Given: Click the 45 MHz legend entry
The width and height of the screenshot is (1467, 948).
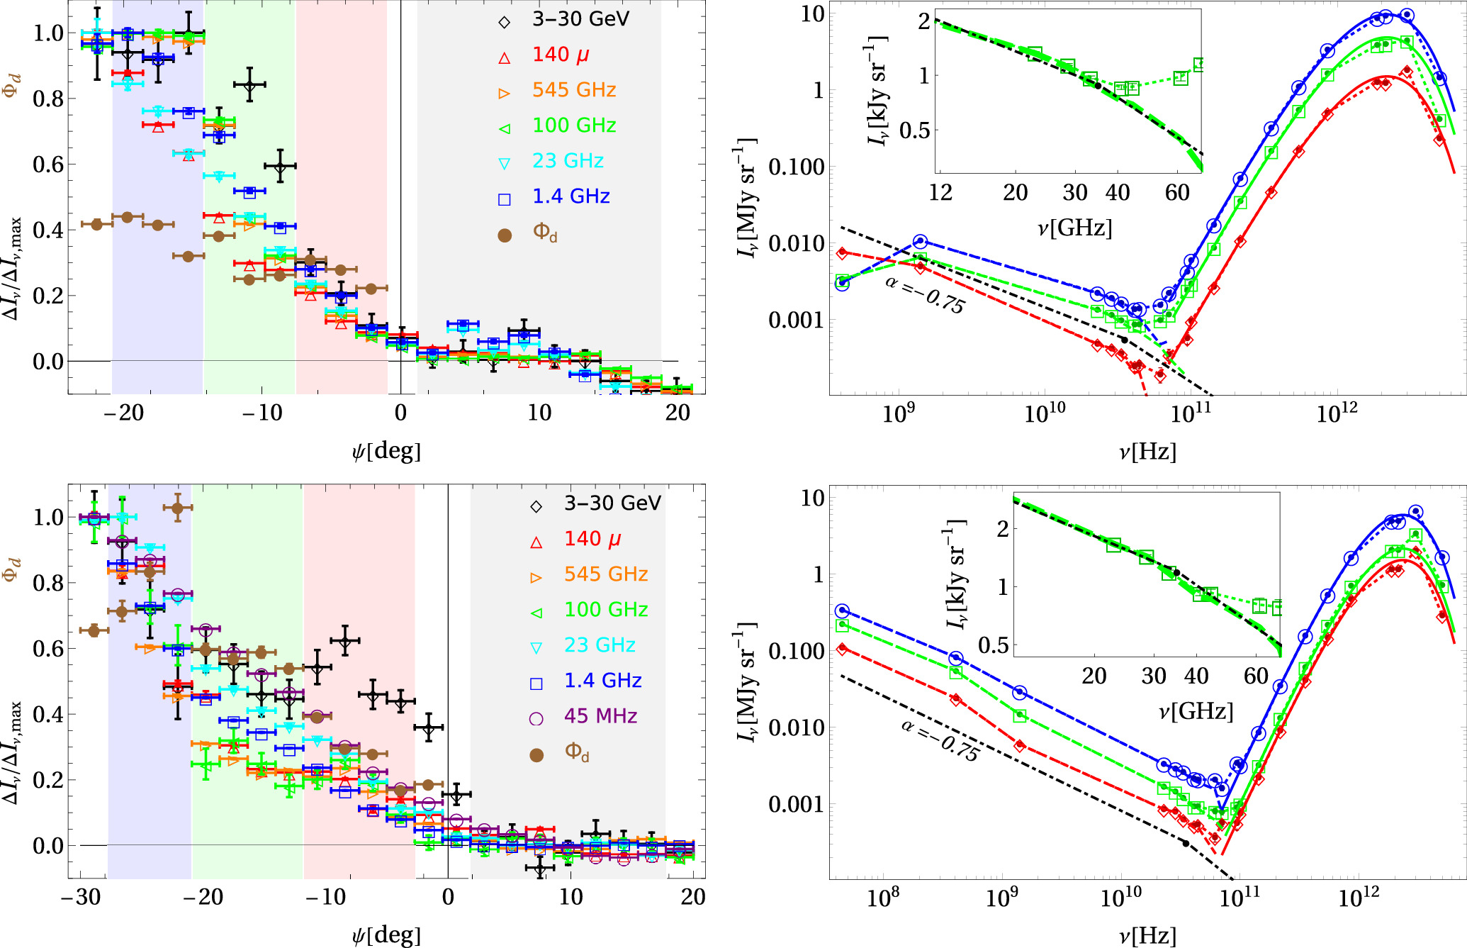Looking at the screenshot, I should (600, 716).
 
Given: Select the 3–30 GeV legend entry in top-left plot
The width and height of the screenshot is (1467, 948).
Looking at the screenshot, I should (580, 19).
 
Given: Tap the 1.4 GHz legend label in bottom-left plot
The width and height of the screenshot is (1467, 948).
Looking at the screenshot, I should (602, 681).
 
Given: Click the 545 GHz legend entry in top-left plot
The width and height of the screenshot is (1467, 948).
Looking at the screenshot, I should (574, 90).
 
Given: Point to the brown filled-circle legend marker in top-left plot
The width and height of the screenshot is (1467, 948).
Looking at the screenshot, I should (505, 235).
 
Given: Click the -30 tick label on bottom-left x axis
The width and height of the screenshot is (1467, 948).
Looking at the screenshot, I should (80, 898).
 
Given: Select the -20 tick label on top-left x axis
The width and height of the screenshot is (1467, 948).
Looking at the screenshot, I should (123, 413).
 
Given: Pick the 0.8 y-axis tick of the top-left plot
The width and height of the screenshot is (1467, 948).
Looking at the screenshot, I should (48, 99).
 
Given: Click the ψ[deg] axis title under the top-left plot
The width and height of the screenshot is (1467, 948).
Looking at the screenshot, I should (386, 451).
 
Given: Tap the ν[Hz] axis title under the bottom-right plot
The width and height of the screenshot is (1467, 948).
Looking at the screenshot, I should (1147, 936).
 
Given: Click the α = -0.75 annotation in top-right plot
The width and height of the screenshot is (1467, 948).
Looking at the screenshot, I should (925, 295).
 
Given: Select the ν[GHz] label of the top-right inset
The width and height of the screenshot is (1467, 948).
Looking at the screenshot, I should (1074, 228).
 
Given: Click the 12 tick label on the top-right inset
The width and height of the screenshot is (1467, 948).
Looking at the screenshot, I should (940, 193).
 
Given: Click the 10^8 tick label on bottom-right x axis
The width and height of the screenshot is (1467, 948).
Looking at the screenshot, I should (883, 898).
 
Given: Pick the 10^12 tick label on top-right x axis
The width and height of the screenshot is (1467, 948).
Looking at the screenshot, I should (1336, 413).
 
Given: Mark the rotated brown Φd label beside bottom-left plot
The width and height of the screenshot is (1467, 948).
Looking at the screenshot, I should (11, 569).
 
